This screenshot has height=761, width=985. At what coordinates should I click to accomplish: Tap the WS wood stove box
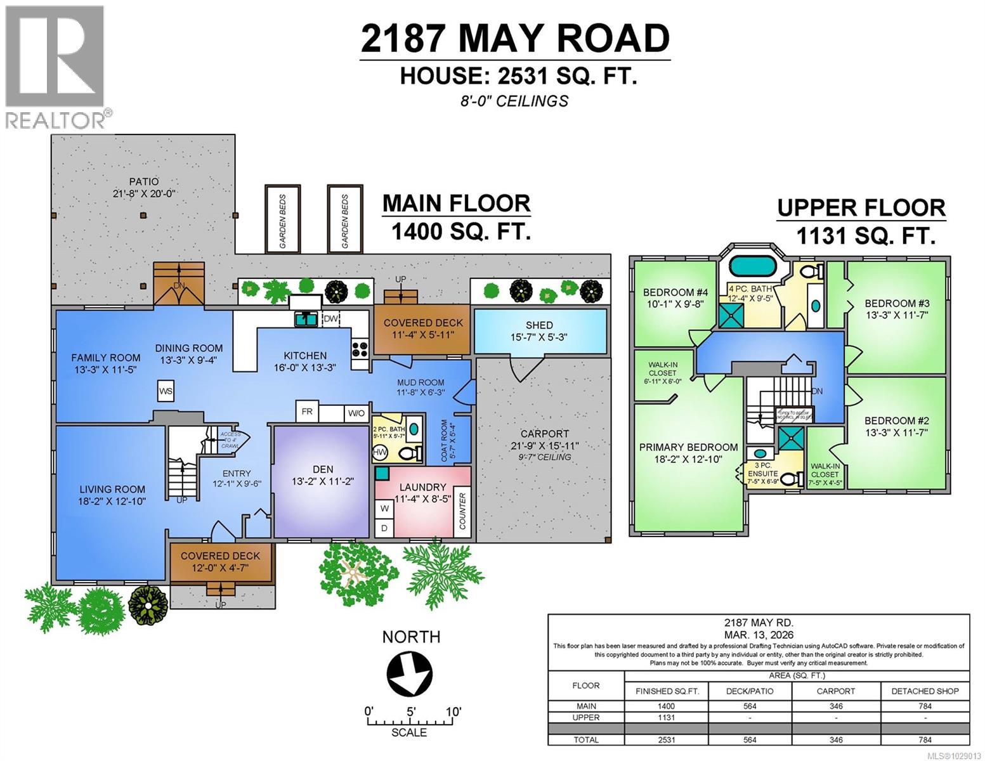click(166, 391)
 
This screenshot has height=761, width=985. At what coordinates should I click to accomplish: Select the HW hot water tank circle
click(380, 453)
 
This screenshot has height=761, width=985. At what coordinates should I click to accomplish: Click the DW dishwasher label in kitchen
click(331, 319)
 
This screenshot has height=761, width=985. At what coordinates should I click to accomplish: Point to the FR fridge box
click(307, 412)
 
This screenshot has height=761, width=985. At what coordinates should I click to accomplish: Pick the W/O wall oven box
click(356, 413)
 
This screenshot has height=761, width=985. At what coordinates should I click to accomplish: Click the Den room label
click(323, 469)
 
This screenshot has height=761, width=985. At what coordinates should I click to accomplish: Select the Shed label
click(538, 325)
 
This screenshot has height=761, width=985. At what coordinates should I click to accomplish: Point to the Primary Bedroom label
click(688, 447)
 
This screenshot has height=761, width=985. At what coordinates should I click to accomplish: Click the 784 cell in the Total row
click(925, 739)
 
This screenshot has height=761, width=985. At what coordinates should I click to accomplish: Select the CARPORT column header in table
click(835, 691)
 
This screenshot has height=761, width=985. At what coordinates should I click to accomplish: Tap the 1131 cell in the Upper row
click(667, 717)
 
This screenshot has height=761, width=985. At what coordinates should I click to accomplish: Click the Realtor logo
click(55, 67)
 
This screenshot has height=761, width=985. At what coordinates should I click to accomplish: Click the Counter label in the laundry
click(462, 511)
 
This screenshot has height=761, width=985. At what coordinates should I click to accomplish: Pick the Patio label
click(143, 182)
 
